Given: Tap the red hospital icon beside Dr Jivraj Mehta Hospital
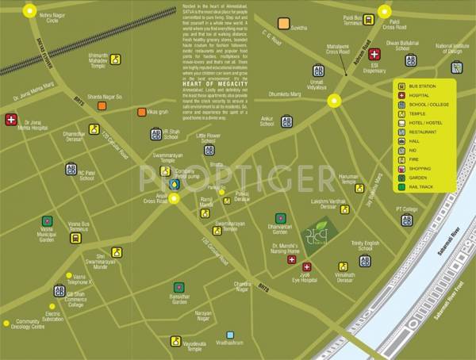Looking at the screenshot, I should click(11, 121).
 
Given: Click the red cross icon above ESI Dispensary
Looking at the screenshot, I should click(374, 55).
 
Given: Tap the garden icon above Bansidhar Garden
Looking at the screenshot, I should click(179, 287).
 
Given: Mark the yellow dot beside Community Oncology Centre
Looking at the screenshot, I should click(7, 323).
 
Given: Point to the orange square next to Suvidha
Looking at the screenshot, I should click(282, 23).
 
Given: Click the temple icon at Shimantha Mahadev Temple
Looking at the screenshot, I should click(116, 59).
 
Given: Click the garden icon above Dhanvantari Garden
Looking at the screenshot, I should click(279, 218).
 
